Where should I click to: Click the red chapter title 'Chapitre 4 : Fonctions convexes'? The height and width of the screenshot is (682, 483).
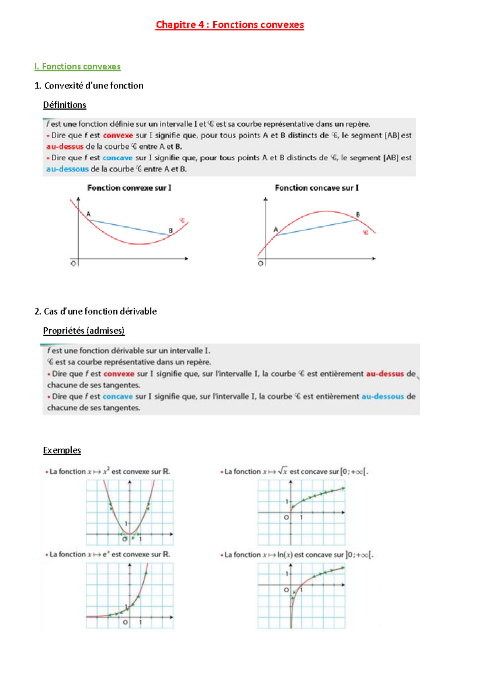tap(229, 25)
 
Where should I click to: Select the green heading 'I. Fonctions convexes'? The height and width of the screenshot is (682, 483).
tap(77, 66)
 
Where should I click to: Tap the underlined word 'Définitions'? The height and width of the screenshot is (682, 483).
tap(64, 105)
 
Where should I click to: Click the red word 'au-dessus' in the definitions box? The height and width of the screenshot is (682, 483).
tap(65, 147)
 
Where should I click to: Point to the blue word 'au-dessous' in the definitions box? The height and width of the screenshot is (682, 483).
tap(67, 169)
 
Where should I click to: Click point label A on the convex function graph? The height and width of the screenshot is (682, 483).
tap(89, 214)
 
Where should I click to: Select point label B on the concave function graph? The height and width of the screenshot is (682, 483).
tap(358, 214)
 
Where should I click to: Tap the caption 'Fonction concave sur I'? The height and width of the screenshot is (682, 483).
tap(317, 188)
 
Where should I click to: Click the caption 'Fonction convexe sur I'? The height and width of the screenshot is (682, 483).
tap(129, 188)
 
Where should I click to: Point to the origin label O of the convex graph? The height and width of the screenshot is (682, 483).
tap(73, 263)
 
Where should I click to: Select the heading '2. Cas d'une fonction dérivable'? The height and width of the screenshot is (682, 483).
tap(95, 311)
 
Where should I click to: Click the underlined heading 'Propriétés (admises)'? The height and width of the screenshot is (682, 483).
tap(84, 331)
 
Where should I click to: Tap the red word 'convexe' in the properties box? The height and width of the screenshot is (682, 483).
tap(119, 374)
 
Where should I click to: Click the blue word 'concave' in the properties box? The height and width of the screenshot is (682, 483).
tap(118, 396)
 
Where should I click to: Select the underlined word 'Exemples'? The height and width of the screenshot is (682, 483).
tap(62, 450)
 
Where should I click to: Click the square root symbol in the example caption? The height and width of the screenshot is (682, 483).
tap(283, 471)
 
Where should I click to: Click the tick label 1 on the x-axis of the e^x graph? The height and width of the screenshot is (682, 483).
tap(140, 622)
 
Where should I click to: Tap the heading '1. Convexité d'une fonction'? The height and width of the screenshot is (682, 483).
tap(89, 86)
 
